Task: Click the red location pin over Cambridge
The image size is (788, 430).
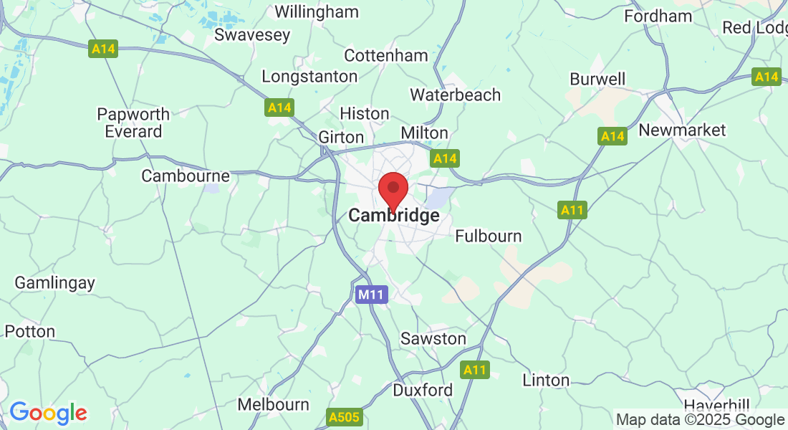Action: tap(393, 189)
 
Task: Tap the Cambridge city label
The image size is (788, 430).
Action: tap(393, 216)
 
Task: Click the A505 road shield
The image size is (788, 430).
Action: tap(345, 417)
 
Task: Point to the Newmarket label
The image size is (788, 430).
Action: tap(682, 130)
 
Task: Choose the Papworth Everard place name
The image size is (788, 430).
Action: tap(133, 123)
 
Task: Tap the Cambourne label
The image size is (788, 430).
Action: tap(186, 176)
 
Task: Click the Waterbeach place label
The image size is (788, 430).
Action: tap(455, 95)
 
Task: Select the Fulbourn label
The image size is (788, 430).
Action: tap(489, 236)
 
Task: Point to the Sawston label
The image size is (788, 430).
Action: tap(433, 338)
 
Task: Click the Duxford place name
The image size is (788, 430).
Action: tap(423, 391)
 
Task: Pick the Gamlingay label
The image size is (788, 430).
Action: tap(54, 282)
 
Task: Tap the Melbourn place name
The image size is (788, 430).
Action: tap(273, 405)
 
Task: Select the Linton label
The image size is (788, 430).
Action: tap(546, 380)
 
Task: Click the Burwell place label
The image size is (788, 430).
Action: tap(597, 79)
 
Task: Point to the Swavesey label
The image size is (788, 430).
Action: tap(252, 34)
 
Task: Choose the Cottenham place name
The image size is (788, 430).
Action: tap(386, 55)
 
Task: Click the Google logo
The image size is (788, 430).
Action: tap(48, 413)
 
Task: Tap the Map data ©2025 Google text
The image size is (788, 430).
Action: tap(700, 420)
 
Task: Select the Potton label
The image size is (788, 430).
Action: tap(29, 331)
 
